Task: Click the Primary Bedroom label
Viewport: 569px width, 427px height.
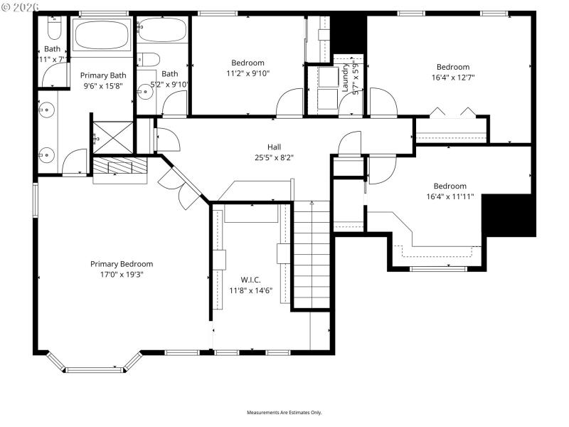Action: click(121, 264)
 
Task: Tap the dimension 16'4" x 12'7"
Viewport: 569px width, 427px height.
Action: click(452, 78)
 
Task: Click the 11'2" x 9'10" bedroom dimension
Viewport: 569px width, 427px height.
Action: click(248, 73)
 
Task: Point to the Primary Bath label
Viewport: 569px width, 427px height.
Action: click(102, 75)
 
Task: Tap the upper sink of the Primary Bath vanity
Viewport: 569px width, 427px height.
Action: click(46, 110)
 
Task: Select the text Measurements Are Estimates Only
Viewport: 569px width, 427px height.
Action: click(284, 413)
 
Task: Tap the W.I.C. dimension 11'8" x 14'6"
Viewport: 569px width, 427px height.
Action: click(250, 290)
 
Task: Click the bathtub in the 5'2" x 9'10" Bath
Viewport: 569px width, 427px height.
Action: click(161, 30)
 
